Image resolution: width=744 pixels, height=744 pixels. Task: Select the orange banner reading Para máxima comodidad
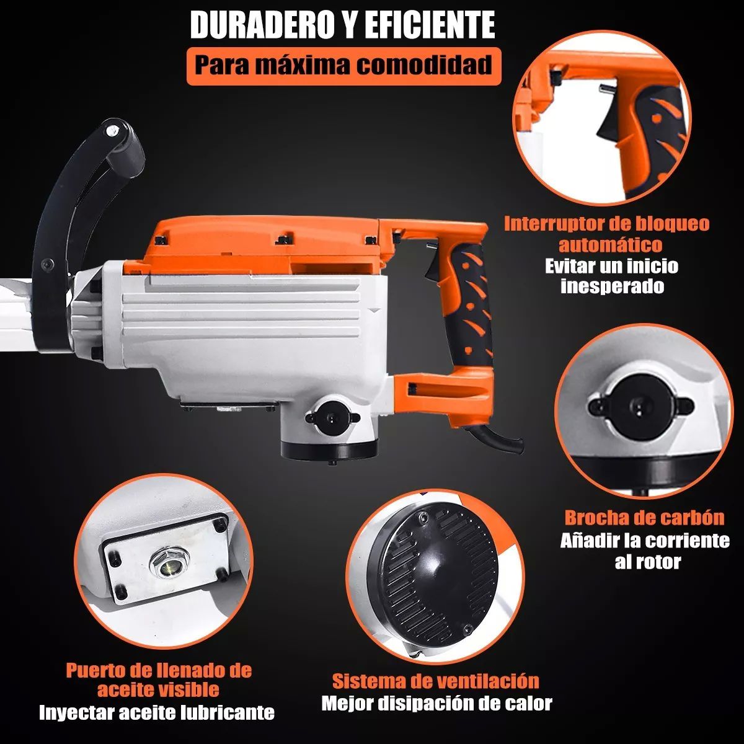pos(343,64)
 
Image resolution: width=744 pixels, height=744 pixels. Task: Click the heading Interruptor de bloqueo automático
pos(606,233)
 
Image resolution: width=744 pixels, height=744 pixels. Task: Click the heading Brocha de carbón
pos(644,518)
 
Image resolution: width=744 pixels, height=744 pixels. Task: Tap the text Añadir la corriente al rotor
pos(645,551)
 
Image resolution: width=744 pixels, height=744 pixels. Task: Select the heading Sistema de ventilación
pos(435,681)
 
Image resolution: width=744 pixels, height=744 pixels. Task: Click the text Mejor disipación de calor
pos(436,704)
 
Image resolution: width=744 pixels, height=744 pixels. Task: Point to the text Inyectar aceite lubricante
pos(156,712)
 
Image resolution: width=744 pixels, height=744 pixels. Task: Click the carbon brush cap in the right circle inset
pos(636,406)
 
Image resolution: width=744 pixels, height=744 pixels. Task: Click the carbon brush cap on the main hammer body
pos(329,415)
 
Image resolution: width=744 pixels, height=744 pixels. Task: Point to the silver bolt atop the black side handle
pos(112,131)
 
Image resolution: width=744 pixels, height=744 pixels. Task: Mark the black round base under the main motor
pos(329,448)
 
